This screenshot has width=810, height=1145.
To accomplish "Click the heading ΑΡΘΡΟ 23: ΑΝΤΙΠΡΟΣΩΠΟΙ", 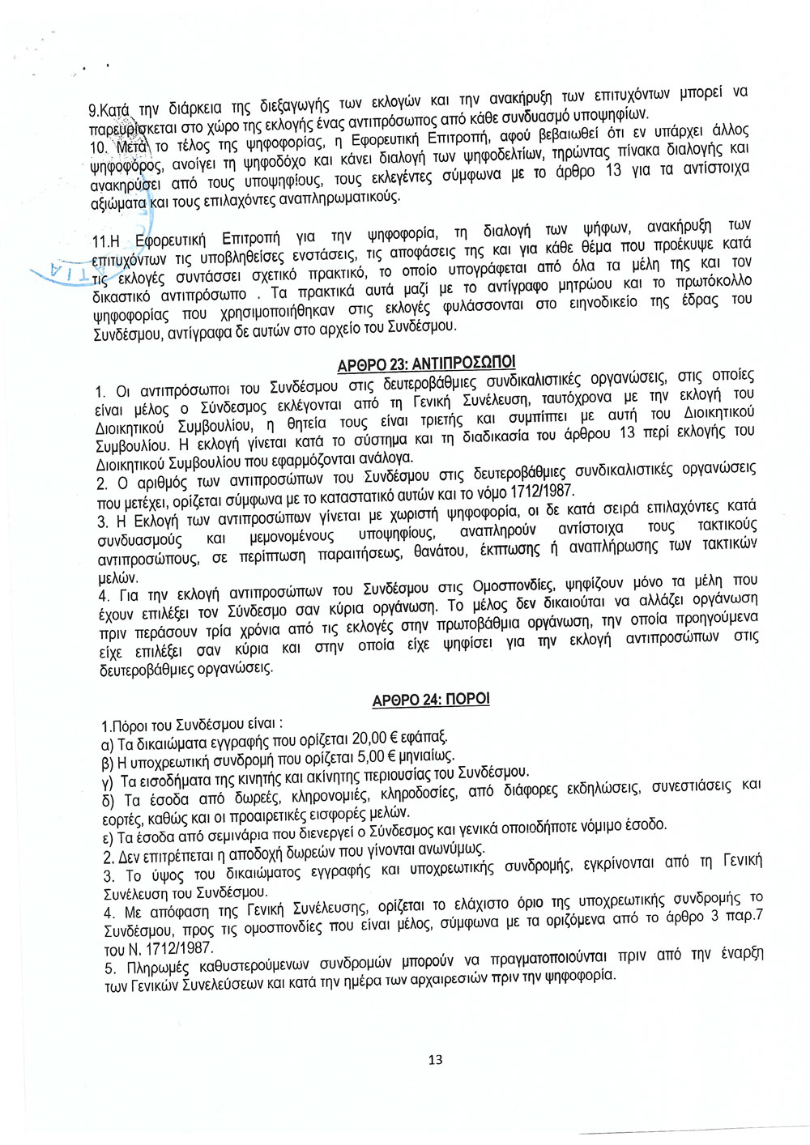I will tap(426, 363).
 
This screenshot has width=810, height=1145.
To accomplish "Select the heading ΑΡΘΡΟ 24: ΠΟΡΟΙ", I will tap(431, 699).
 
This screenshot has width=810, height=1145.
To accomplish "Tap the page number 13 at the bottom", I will tap(435, 1059).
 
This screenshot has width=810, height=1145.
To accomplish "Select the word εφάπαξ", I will tap(427, 736).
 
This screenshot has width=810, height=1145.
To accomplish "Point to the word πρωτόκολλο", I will tap(714, 281).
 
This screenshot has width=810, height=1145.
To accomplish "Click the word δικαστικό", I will tap(126, 294).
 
